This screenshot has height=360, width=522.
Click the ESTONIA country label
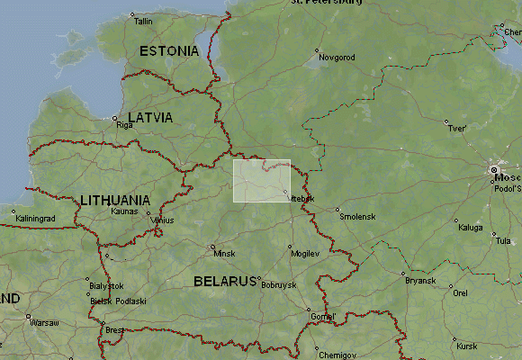pyautogui.click(x=169, y=51)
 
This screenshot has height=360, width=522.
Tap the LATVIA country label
pyautogui.click(x=150, y=118)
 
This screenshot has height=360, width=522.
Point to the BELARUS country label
pyautogui.click(x=225, y=281)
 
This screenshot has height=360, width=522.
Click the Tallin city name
pyautogui.click(x=144, y=21)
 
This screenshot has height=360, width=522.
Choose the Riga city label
pyautogui.click(x=124, y=125)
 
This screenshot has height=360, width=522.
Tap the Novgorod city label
pyautogui.click(x=337, y=57)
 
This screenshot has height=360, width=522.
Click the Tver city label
pyautogui.click(x=457, y=129)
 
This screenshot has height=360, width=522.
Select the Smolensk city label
pyautogui.click(x=357, y=217)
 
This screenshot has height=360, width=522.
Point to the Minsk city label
pyautogui.click(x=223, y=254)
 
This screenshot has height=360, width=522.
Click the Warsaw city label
pyautogui.click(x=43, y=322)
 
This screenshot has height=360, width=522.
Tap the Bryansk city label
pyautogui.click(x=420, y=281)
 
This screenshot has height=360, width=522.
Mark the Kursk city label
pyautogui.click(x=467, y=346)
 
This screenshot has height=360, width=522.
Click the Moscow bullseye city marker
pyautogui.click(x=494, y=168)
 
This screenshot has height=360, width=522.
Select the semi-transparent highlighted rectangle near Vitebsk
pyautogui.click(x=261, y=180)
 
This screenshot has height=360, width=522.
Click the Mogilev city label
pyautogui.click(x=306, y=254)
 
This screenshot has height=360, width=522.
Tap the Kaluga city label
pyautogui.click(x=471, y=227)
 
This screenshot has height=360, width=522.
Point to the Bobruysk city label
pyautogui.click(x=278, y=284)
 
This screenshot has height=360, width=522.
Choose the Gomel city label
pyautogui.click(x=322, y=317)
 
